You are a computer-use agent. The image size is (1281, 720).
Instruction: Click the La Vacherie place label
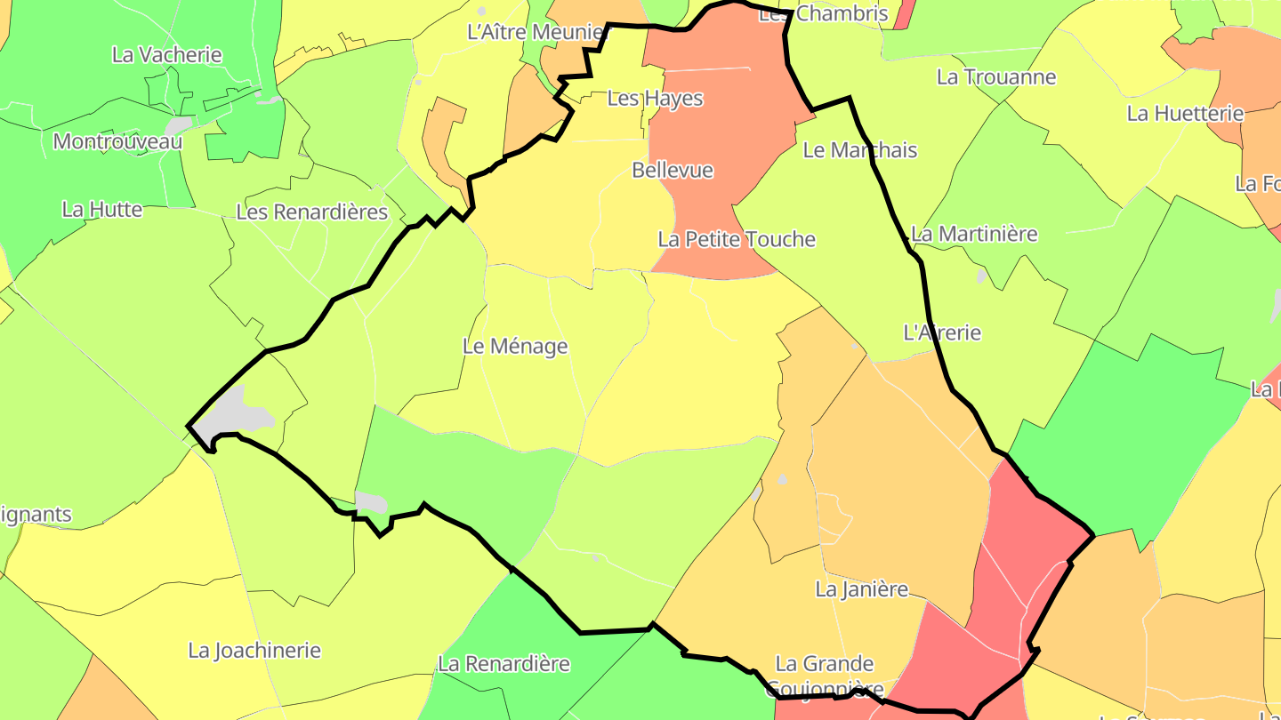(166, 55)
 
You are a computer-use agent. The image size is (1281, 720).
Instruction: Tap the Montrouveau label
(117, 141)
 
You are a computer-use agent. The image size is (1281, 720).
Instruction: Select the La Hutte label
(101, 210)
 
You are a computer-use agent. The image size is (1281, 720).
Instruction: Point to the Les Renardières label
(311, 212)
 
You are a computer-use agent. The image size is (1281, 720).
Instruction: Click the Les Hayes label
(655, 99)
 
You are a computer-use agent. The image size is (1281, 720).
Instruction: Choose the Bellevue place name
(673, 170)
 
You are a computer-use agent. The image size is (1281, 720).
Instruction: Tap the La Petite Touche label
(736, 239)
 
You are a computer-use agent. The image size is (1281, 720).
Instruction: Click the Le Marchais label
(859, 150)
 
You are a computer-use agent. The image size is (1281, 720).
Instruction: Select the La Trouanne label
(996, 77)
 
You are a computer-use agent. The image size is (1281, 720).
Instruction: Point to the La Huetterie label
(1185, 114)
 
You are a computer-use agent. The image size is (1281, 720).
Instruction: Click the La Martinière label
(974, 235)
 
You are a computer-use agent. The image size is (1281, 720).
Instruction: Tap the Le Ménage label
(515, 347)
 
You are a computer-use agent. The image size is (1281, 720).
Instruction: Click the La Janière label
(861, 589)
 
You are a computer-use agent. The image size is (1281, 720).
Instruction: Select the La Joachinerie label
(254, 651)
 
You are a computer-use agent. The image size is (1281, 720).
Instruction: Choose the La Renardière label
(504, 664)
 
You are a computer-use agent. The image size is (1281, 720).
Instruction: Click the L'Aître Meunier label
(536, 33)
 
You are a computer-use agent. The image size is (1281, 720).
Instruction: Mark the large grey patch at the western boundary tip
(233, 414)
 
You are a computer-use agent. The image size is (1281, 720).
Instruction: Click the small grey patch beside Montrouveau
(179, 125)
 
